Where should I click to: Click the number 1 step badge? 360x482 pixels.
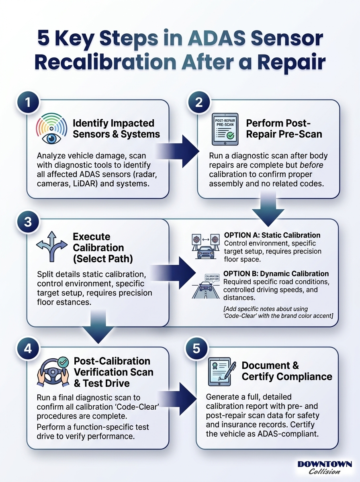click(28, 102)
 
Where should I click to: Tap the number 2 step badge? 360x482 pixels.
click(198, 102)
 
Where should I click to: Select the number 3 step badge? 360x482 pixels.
click(28, 222)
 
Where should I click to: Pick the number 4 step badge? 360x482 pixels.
click(28, 349)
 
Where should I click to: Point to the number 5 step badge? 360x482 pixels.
click(196, 349)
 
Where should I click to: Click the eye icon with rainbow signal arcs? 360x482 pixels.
click(51, 128)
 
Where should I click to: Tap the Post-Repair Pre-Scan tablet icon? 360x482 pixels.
click(225, 129)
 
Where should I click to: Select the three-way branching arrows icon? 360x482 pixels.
click(52, 246)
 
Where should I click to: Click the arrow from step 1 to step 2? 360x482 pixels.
click(178, 151)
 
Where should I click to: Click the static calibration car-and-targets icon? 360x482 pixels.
click(206, 246)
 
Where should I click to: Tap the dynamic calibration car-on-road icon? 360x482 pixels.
click(206, 286)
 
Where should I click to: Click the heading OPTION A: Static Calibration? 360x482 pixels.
click(272, 235)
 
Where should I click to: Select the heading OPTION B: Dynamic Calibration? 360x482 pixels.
click(276, 274)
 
